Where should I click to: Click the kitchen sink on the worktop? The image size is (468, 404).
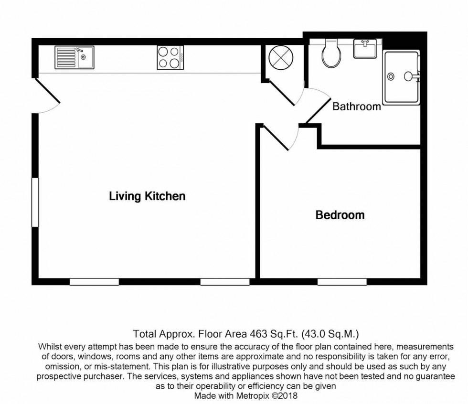click(74, 58)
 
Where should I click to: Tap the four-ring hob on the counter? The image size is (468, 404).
click(170, 58)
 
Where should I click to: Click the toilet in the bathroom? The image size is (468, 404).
click(330, 53)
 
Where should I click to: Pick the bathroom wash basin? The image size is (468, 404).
click(365, 49)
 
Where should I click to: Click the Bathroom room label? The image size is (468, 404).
click(357, 106)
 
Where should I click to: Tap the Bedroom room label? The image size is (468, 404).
click(340, 215)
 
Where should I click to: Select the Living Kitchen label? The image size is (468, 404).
click(147, 196)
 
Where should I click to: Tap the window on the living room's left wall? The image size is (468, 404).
click(35, 202)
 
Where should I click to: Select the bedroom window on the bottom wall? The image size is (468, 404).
click(342, 282)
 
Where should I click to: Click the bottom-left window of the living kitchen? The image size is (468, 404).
click(94, 282)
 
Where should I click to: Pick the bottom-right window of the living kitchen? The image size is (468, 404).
click(225, 282)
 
